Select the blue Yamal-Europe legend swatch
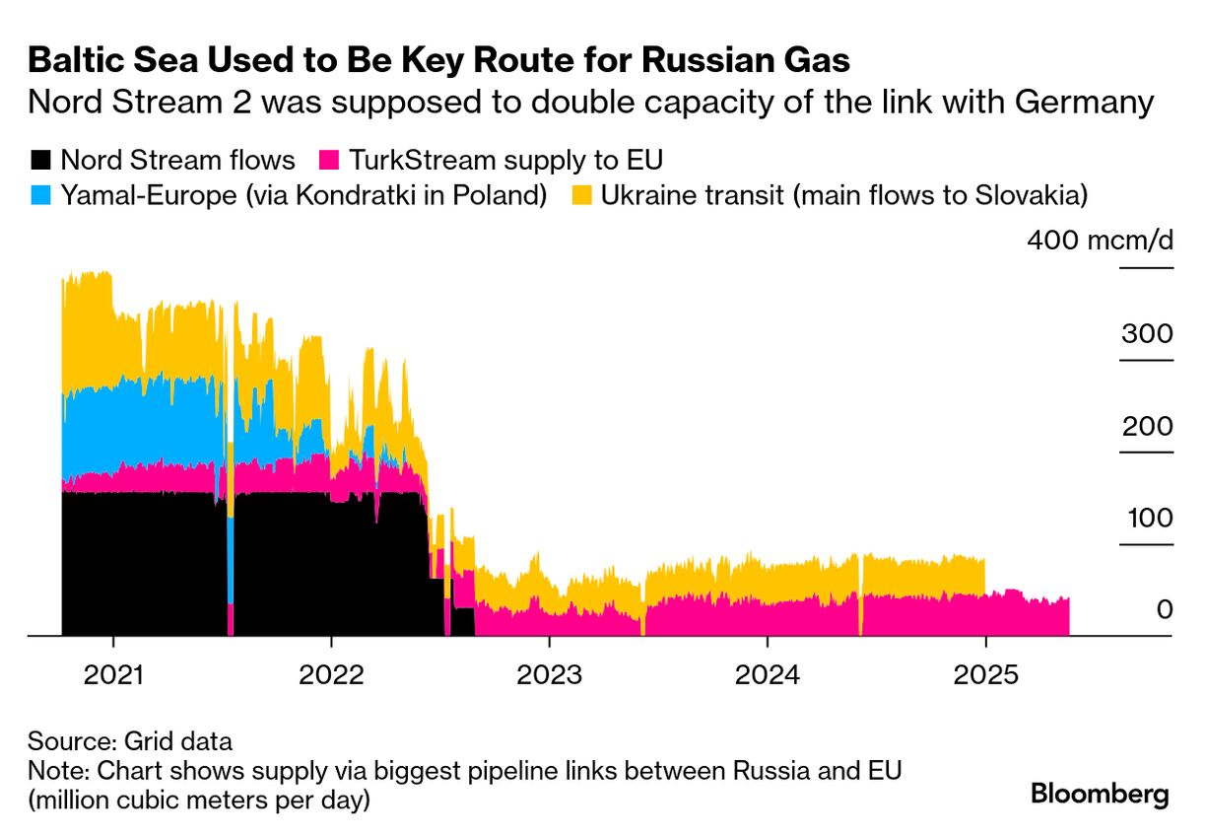(x=40, y=195)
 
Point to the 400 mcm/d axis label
(x=1100, y=240)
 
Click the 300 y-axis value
(x=1147, y=333)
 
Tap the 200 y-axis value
(x=1147, y=426)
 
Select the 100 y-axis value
(x=1147, y=518)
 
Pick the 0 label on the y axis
(x=1165, y=609)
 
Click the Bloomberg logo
(x=1100, y=795)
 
